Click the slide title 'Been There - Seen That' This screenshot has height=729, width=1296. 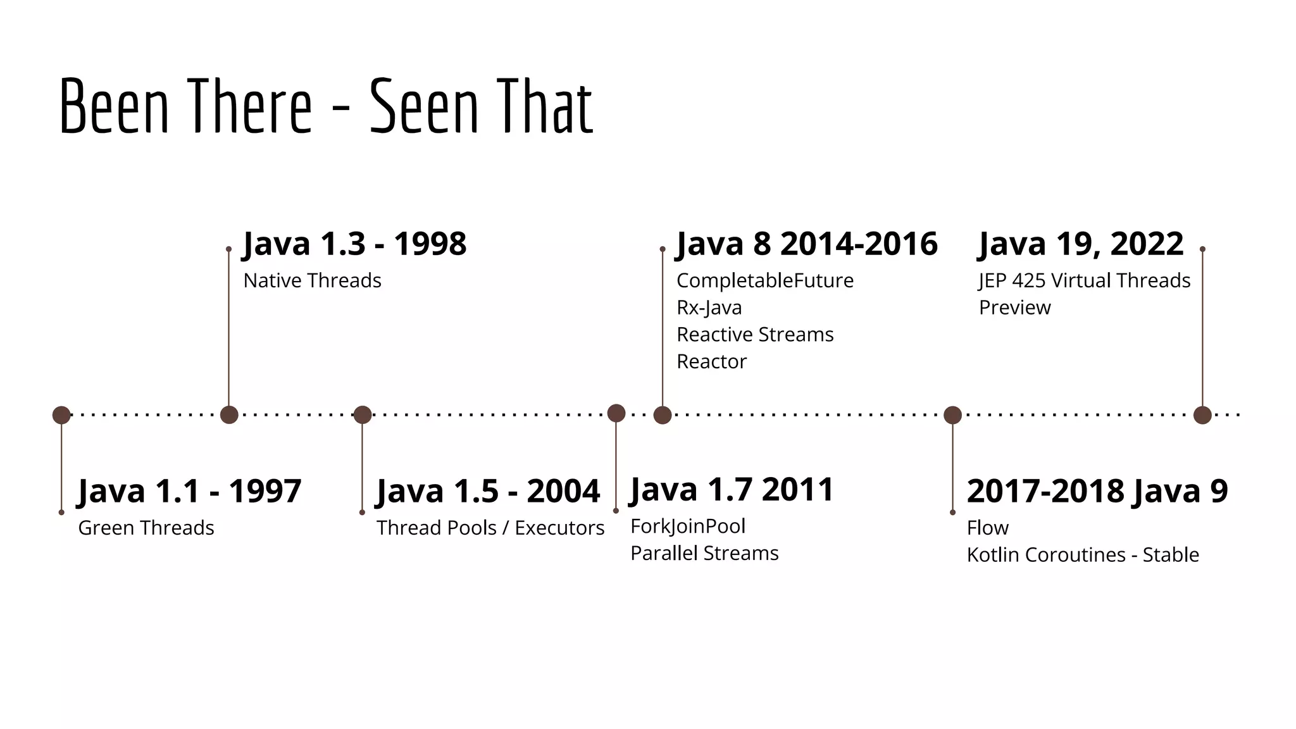(326, 106)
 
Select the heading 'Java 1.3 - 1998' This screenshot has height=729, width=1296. (354, 244)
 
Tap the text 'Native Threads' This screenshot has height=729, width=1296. (312, 280)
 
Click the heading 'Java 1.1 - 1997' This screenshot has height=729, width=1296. (189, 491)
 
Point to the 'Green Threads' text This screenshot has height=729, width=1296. (146, 528)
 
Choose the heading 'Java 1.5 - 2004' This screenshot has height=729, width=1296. (488, 491)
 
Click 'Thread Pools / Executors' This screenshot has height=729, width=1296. (490, 528)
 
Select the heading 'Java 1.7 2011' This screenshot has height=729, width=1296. (732, 490)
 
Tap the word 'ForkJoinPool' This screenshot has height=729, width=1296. (688, 526)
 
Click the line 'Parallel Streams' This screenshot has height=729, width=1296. (704, 553)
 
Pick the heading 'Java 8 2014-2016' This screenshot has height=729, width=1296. (807, 244)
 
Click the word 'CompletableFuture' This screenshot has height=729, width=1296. (765, 280)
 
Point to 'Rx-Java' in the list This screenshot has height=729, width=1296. (709, 308)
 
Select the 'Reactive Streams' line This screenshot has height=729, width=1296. (755, 334)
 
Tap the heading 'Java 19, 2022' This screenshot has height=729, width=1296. (1081, 244)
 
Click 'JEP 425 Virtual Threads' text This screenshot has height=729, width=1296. (1085, 280)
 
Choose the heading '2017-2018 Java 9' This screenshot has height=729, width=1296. (1097, 491)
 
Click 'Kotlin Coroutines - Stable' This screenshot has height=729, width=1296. (1083, 555)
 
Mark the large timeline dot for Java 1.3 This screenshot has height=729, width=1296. (229, 415)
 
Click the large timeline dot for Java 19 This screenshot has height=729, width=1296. (1202, 415)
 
